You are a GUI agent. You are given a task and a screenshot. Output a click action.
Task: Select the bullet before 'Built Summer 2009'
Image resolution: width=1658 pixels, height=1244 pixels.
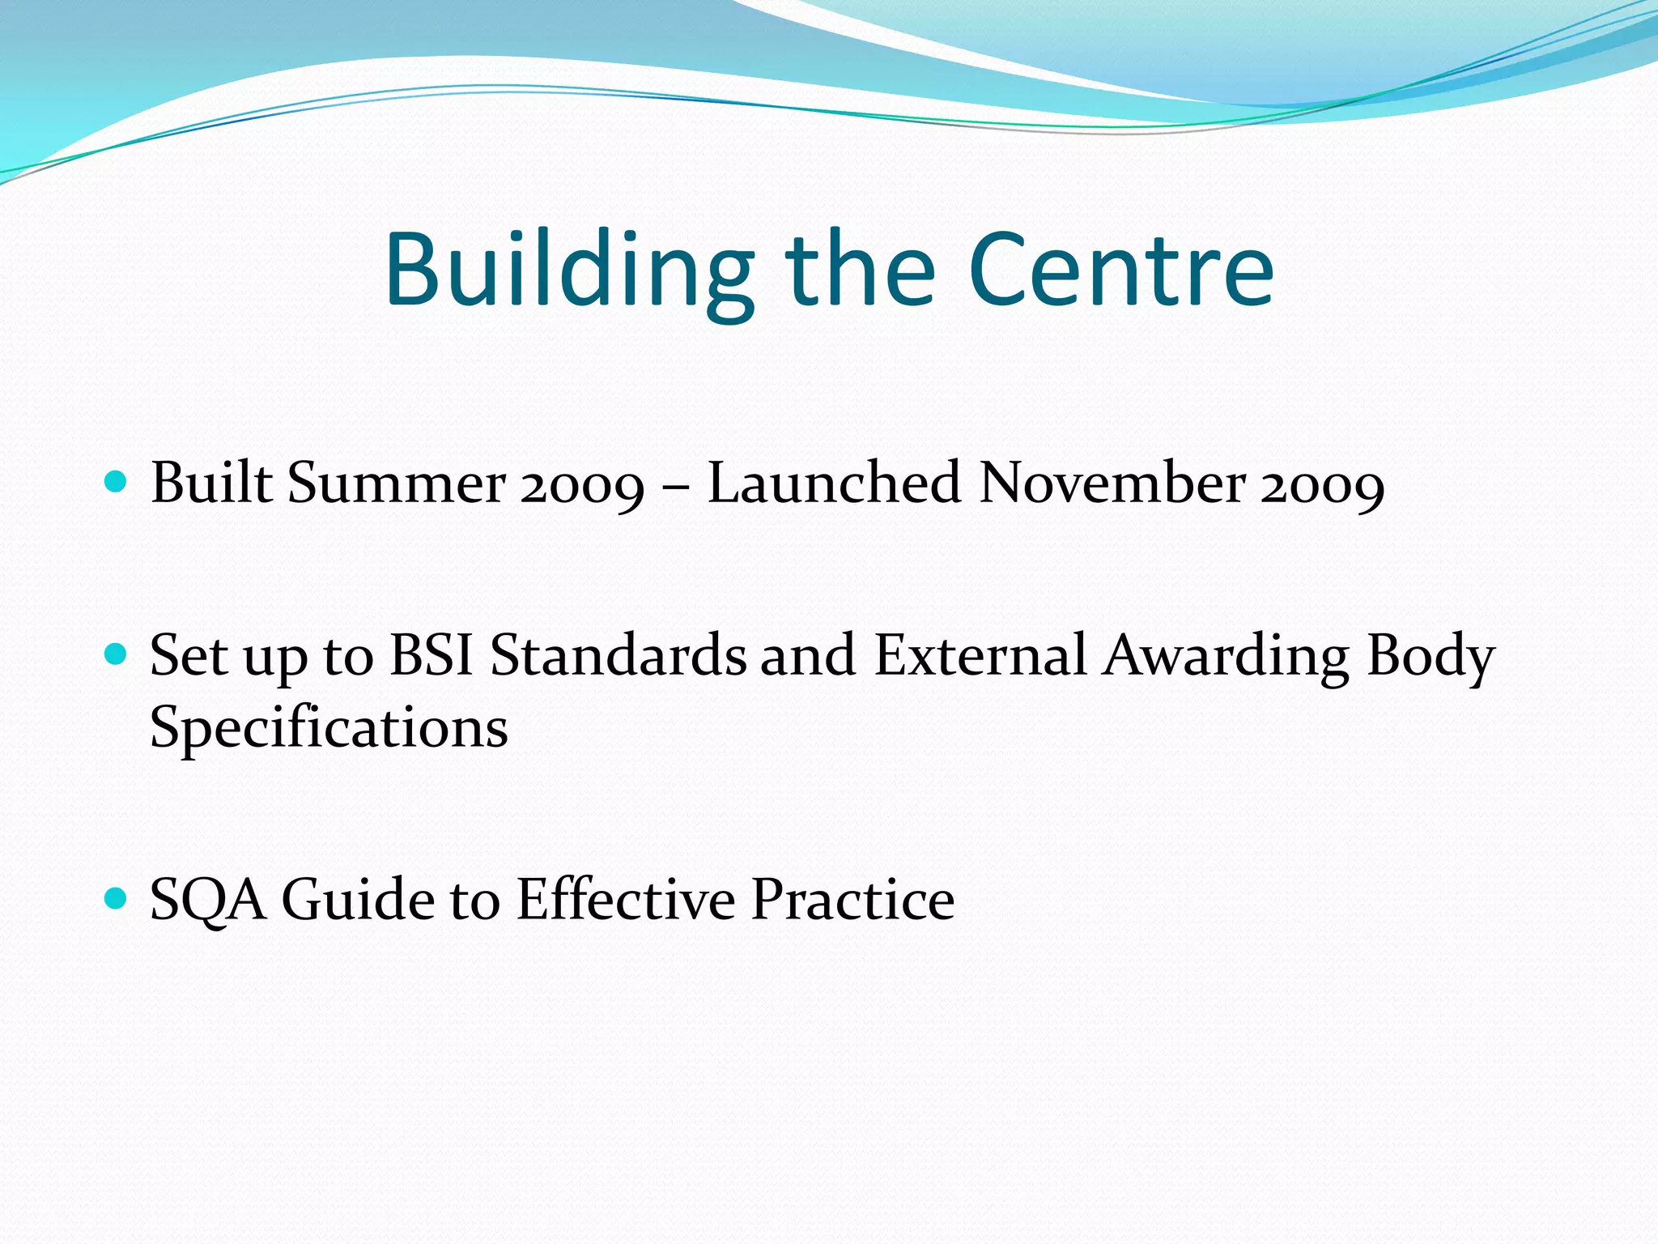(117, 483)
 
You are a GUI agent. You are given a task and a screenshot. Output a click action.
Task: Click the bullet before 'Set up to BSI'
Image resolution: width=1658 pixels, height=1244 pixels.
(117, 654)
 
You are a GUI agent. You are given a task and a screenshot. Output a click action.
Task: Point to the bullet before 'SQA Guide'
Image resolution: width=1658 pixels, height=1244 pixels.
(117, 898)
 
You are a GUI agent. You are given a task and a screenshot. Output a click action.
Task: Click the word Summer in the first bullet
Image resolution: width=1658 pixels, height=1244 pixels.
(397, 484)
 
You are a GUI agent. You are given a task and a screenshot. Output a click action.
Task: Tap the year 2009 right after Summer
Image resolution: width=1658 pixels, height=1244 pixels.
(582, 486)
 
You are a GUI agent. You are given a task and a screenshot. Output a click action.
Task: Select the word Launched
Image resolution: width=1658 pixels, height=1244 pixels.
(834, 484)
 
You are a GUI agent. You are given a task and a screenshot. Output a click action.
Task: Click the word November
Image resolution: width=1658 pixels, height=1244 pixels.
(1112, 484)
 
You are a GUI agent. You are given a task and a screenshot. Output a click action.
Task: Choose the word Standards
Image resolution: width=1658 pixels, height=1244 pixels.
(619, 654)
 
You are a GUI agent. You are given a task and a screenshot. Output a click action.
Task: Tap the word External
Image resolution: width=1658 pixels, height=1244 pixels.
(980, 654)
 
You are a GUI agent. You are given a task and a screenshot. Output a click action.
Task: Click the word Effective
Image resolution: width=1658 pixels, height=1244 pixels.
(625, 899)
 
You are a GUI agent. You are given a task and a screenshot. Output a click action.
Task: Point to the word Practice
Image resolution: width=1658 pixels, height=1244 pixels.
(852, 899)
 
